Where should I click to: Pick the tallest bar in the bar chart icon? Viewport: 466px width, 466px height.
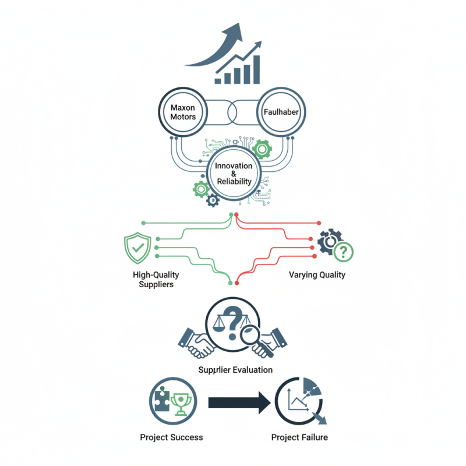[256, 69]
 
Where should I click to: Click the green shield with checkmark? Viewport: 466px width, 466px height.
[137, 248]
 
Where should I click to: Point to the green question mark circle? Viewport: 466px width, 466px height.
[343, 252]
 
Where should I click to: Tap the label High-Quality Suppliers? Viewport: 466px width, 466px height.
[156, 280]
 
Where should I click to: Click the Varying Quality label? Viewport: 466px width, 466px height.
[317, 274]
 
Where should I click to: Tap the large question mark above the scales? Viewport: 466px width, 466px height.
[232, 323]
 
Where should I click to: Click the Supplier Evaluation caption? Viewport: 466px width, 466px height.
[235, 370]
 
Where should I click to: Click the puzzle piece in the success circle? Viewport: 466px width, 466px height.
[162, 399]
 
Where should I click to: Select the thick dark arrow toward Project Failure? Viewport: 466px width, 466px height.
[239, 403]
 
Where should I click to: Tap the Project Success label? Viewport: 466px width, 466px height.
[171, 437]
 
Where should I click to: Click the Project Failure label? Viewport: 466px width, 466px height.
[299, 437]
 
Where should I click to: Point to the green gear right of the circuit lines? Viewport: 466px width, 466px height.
[262, 149]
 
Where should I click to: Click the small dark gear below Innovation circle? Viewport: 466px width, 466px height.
[213, 200]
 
